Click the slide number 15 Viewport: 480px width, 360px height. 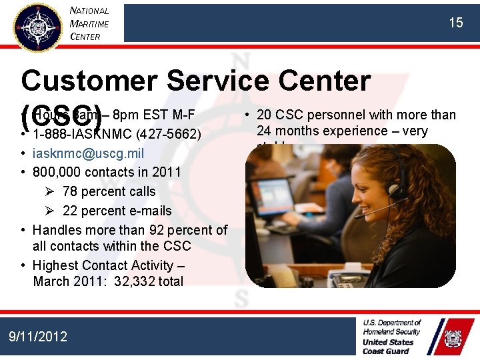click(x=455, y=23)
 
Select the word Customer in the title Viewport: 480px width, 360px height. click(x=89, y=81)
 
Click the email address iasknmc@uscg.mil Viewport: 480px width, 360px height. click(x=88, y=153)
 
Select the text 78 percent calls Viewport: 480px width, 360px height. click(x=109, y=191)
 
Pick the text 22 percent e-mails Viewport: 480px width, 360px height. click(x=117, y=211)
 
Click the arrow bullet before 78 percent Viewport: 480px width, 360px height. click(x=50, y=191)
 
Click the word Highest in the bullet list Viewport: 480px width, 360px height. click(x=56, y=265)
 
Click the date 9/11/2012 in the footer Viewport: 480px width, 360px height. click(x=38, y=336)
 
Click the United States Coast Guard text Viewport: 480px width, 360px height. click(x=388, y=346)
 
